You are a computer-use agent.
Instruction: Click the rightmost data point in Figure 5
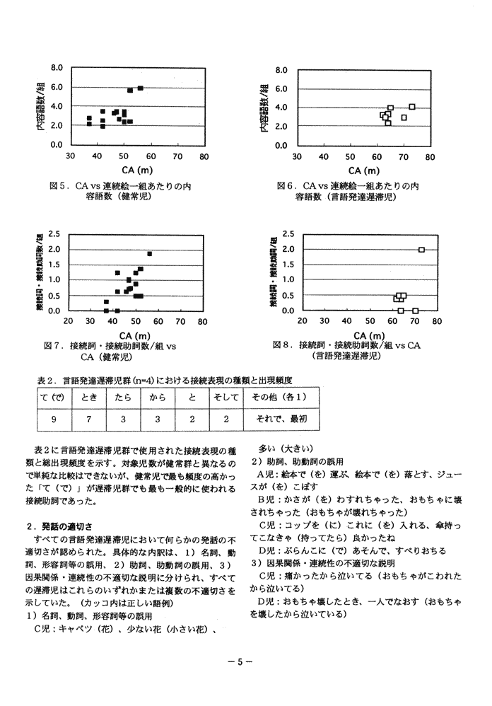click(140, 88)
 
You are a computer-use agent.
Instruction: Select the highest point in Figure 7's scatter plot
click(150, 253)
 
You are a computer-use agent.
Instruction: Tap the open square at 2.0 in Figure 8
click(421, 250)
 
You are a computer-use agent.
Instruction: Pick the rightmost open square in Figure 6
click(412, 107)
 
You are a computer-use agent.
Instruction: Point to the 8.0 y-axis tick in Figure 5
click(57, 68)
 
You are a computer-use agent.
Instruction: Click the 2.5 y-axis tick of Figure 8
click(288, 233)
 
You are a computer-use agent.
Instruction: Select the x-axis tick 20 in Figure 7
click(69, 320)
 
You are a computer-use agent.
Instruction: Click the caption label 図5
click(58, 186)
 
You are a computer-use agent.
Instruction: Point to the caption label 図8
click(282, 345)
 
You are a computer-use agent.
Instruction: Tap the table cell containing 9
click(54, 418)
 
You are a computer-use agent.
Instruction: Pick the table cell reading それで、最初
click(279, 418)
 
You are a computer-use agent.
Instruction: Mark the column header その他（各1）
click(279, 398)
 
